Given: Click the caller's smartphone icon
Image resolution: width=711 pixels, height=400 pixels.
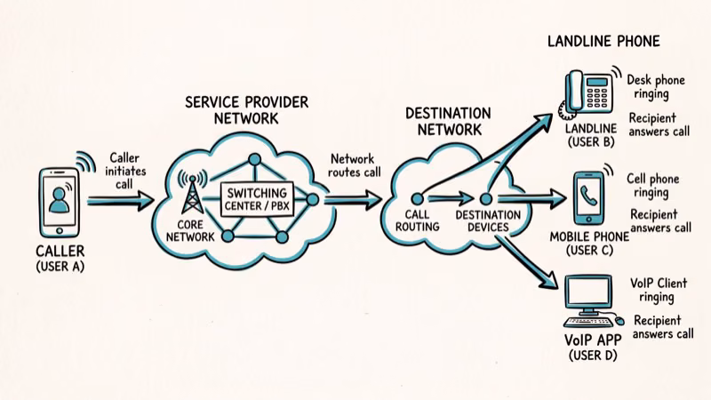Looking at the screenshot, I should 60,201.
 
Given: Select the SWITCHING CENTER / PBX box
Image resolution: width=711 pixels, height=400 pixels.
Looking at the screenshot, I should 256,199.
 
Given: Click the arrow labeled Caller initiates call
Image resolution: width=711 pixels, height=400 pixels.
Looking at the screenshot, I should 120,200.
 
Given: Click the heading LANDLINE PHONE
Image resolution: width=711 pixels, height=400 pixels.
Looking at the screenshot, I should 603,42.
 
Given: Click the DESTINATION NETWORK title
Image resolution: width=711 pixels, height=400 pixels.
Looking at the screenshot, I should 448,123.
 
